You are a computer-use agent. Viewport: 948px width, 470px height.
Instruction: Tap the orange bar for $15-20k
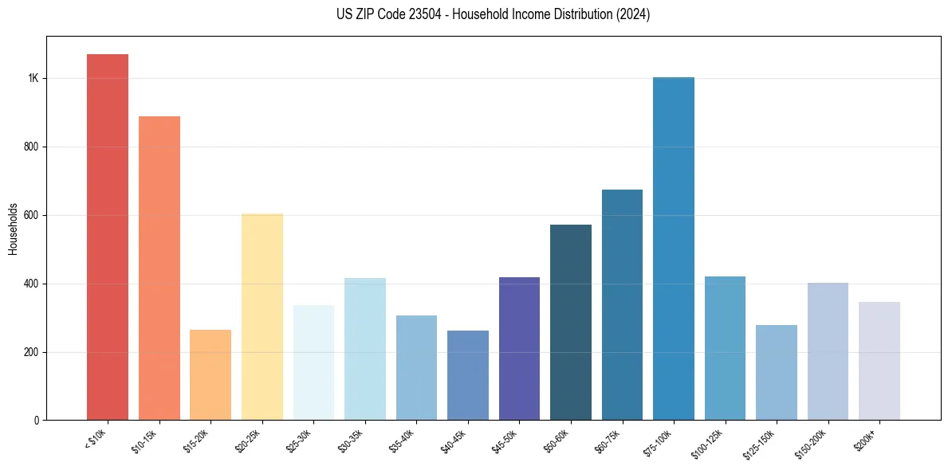210,374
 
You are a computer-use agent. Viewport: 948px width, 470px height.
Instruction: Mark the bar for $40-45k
468,375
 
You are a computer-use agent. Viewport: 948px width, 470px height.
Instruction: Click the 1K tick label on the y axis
33,79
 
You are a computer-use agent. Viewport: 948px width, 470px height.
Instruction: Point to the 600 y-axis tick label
31,216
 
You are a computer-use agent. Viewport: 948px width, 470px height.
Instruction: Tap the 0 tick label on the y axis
36,421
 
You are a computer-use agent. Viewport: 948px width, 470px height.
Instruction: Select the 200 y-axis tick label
31,352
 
